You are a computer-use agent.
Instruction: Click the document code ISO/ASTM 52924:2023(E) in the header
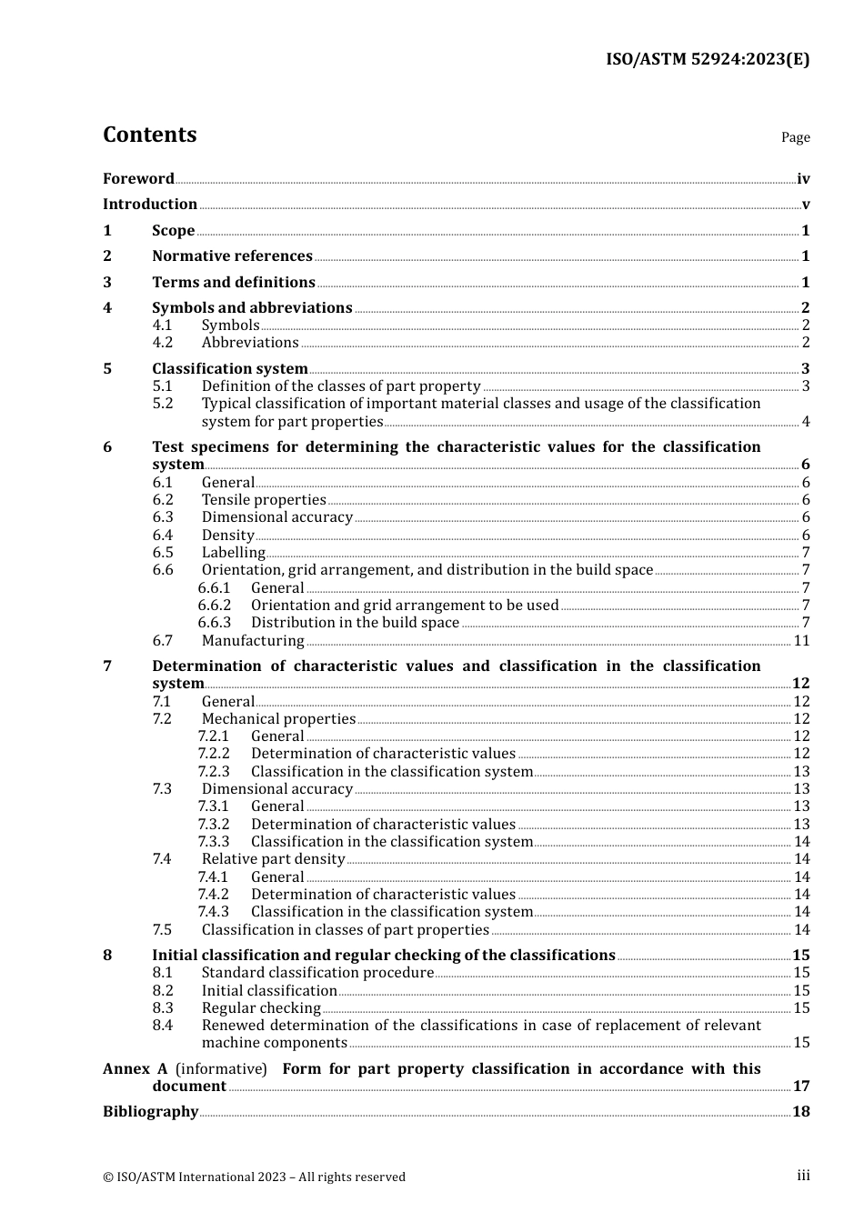708,60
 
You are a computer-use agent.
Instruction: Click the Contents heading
149,135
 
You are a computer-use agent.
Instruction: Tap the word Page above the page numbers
795,137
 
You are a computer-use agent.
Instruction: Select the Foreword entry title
138,179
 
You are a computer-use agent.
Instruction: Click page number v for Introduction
805,205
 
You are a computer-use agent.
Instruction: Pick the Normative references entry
232,256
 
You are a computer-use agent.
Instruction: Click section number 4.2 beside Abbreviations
163,343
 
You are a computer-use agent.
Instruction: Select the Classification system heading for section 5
229,369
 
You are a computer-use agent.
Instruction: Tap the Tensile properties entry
264,500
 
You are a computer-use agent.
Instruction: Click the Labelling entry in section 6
234,553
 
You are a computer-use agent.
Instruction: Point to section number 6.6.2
215,606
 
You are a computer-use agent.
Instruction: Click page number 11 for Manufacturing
801,641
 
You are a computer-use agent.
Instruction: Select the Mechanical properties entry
278,719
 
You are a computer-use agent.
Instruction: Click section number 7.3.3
214,842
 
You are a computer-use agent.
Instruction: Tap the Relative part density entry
273,859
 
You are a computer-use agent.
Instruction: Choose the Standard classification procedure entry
317,973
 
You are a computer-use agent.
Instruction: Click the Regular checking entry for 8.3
261,1008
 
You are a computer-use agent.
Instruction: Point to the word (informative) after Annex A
221,1069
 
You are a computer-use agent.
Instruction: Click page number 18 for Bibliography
801,1112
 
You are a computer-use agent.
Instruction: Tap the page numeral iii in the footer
803,1176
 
